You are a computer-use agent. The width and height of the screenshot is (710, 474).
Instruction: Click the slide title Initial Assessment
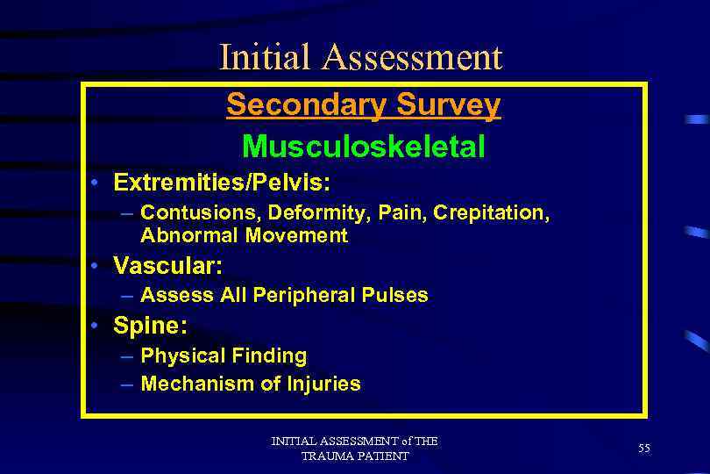pyautogui.click(x=360, y=57)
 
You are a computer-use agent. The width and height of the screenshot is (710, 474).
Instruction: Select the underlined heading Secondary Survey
pyautogui.click(x=363, y=104)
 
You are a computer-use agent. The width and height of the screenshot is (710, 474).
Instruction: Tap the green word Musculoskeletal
pyautogui.click(x=363, y=146)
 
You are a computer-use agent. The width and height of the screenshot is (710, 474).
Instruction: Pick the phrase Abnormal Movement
pyautogui.click(x=244, y=235)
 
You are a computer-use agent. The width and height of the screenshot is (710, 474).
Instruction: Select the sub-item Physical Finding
pyautogui.click(x=224, y=355)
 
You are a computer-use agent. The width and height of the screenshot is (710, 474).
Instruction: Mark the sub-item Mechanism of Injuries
pyautogui.click(x=250, y=384)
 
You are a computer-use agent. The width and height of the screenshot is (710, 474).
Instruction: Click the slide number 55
pyautogui.click(x=644, y=449)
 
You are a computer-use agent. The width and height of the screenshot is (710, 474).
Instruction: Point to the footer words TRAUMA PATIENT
pyautogui.click(x=354, y=456)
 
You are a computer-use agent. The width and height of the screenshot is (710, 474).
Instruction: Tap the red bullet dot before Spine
pyautogui.click(x=103, y=326)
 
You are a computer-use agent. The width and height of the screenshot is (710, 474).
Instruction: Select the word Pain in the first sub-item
pyautogui.click(x=380, y=212)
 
